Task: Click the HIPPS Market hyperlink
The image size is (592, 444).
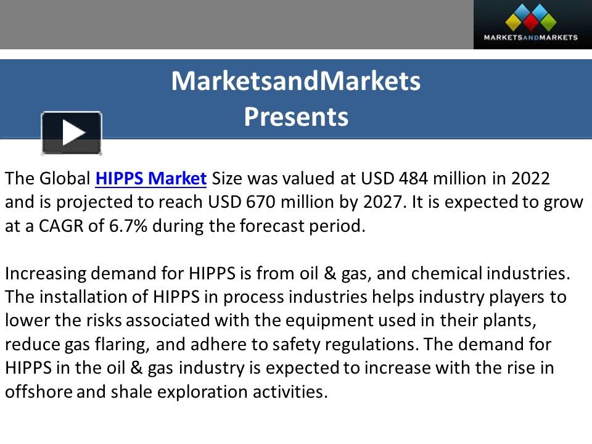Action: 150,179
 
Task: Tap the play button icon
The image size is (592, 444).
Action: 72,133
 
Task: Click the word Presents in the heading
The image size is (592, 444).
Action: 296,117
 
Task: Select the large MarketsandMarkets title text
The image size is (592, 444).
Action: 296,81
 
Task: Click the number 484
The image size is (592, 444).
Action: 413,179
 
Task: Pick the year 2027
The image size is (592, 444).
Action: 383,202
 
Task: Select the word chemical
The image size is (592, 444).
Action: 446,273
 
